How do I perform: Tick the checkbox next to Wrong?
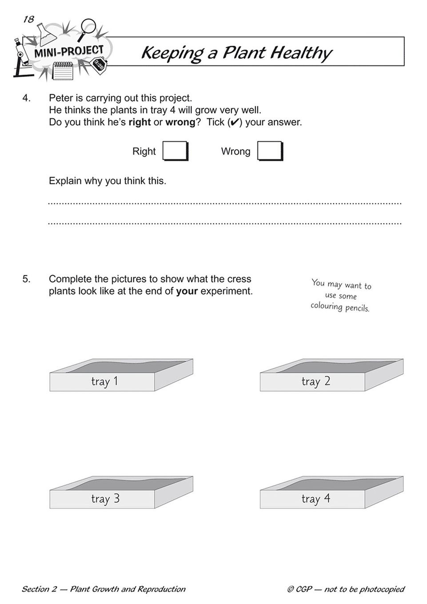[x=269, y=151]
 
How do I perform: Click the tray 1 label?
[x=104, y=381]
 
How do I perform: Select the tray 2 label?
[x=315, y=381]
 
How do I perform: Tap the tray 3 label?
[x=105, y=499]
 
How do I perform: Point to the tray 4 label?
[x=315, y=499]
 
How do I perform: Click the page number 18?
[x=28, y=19]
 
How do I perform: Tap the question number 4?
[x=26, y=98]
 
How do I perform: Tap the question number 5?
[x=26, y=279]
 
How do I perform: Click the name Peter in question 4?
[x=60, y=98]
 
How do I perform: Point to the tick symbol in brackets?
[x=234, y=123]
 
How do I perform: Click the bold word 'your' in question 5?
[x=187, y=292]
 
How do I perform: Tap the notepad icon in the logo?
[x=62, y=70]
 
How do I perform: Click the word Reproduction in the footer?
[x=161, y=589]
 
